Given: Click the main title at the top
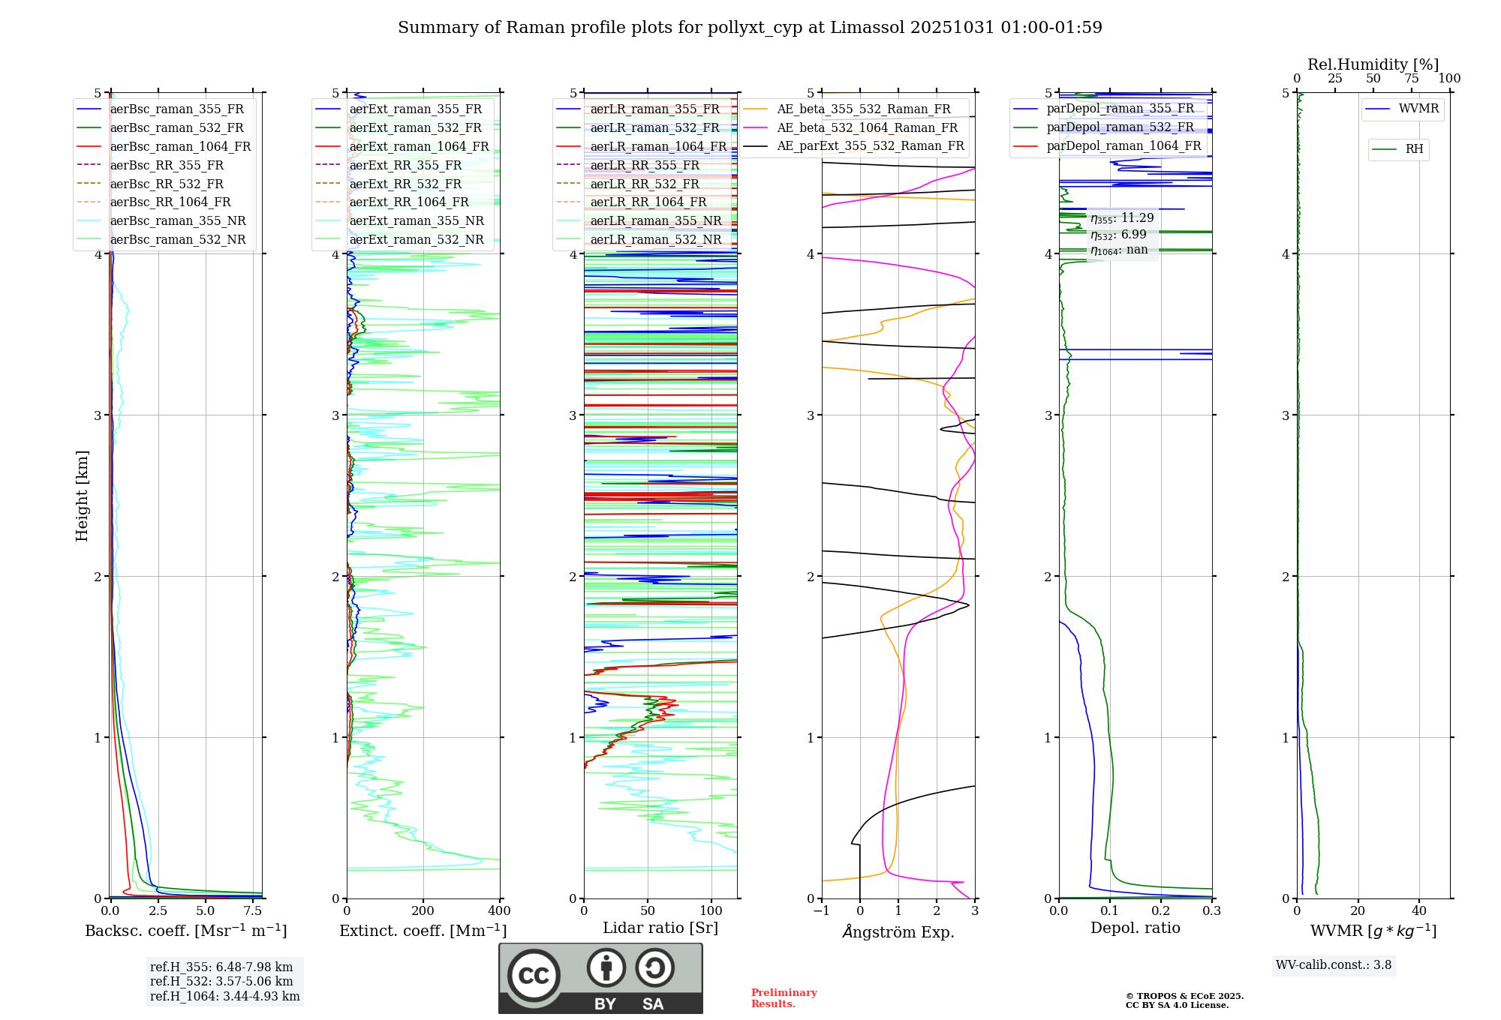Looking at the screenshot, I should click(x=750, y=28).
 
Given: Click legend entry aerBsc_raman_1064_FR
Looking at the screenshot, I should click(x=180, y=146).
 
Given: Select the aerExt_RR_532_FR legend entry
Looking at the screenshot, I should click(x=405, y=184).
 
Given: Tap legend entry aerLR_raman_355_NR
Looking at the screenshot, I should click(x=655, y=220).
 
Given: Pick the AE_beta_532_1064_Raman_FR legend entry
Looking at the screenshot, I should click(x=867, y=127).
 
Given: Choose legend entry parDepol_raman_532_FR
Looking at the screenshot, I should click(x=1120, y=127).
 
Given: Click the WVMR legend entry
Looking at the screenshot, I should click(x=1418, y=109).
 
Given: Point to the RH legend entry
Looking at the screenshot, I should click(x=1414, y=149).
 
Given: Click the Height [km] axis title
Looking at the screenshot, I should click(x=82, y=496).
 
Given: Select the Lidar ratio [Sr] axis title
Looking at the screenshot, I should click(x=660, y=928).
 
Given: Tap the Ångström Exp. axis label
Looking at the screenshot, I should click(x=898, y=931).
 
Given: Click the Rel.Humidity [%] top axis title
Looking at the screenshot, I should click(x=1373, y=64).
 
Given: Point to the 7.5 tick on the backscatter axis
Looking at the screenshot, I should click(x=253, y=911).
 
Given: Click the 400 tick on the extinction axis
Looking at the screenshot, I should click(x=500, y=911).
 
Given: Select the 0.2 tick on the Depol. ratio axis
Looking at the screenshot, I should click(x=1161, y=911).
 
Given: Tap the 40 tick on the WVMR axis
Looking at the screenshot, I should click(x=1419, y=911).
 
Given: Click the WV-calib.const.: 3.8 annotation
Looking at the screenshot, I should click(x=1334, y=965).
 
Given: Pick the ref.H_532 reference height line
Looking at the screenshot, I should click(x=221, y=981).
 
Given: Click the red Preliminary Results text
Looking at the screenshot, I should click(x=784, y=998).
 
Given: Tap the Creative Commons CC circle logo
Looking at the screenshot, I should click(x=534, y=976).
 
